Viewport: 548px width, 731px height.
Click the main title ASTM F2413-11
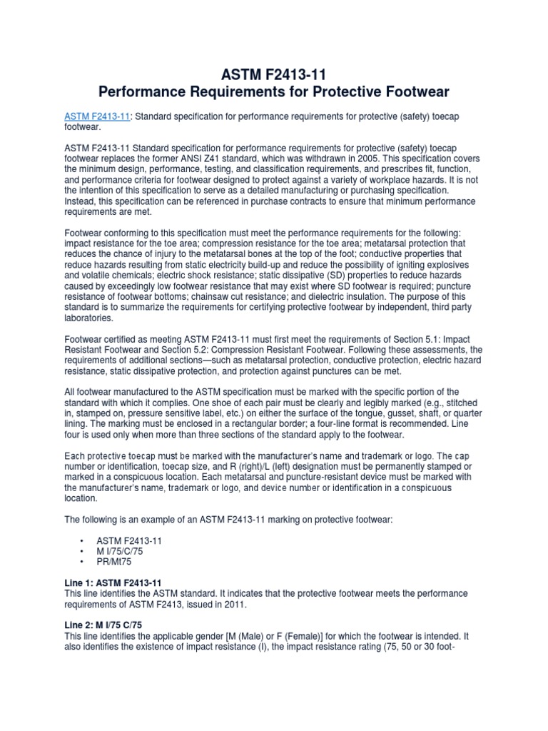pyautogui.click(x=274, y=74)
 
